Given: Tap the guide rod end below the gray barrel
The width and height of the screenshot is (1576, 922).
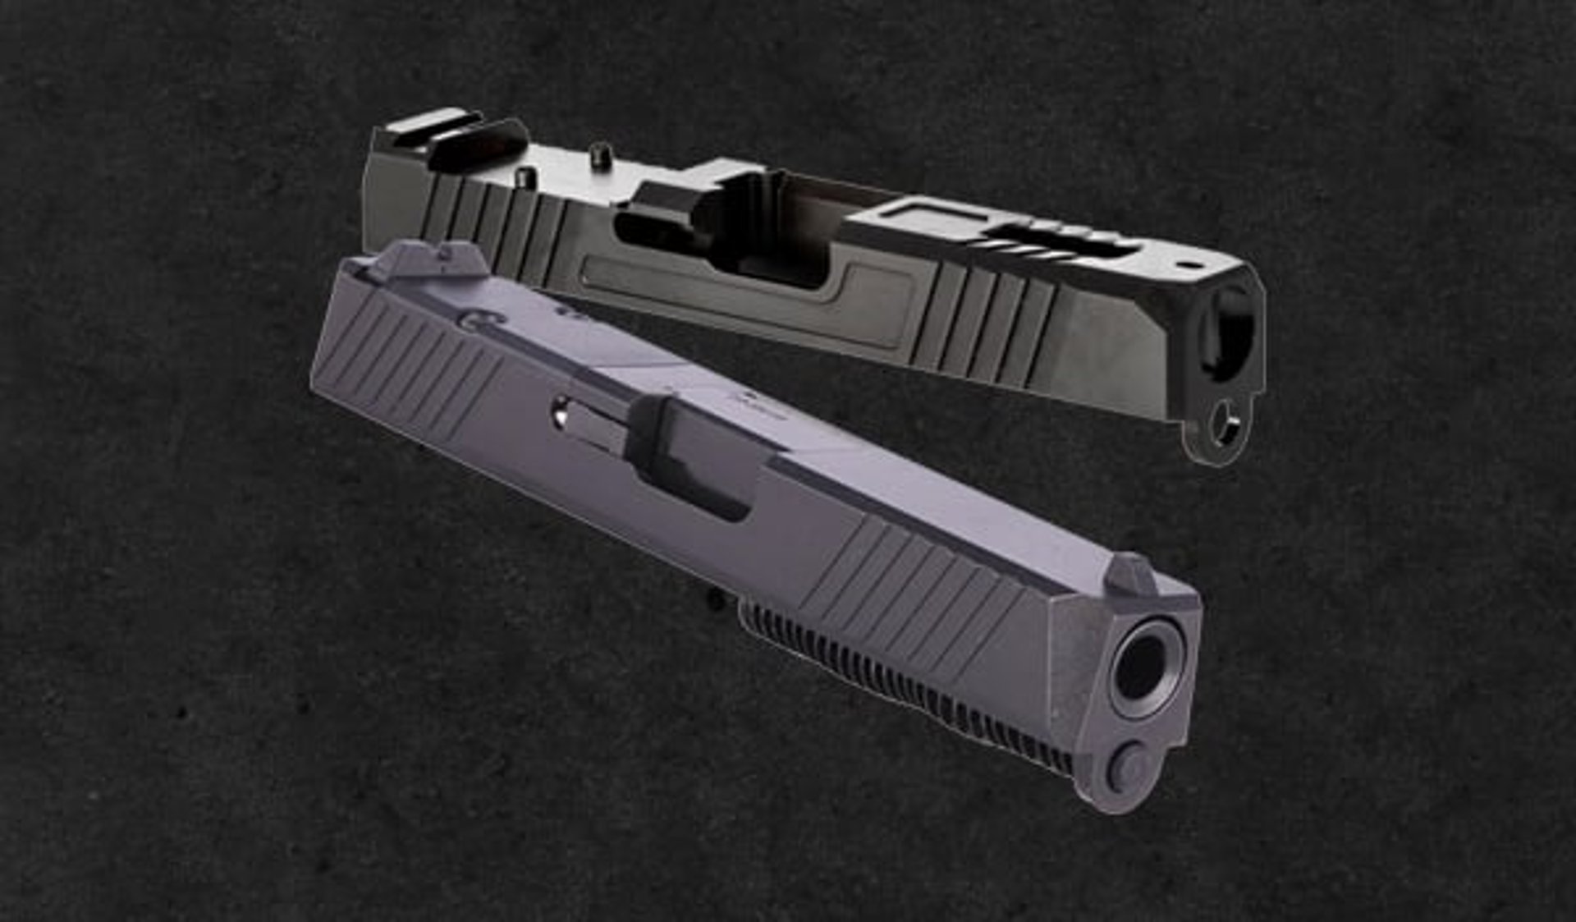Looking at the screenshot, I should click(x=1129, y=768).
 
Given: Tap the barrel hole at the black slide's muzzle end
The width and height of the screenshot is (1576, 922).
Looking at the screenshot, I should click(x=1229, y=333).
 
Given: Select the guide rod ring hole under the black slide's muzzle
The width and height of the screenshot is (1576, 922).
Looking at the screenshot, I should click(x=1225, y=424).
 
